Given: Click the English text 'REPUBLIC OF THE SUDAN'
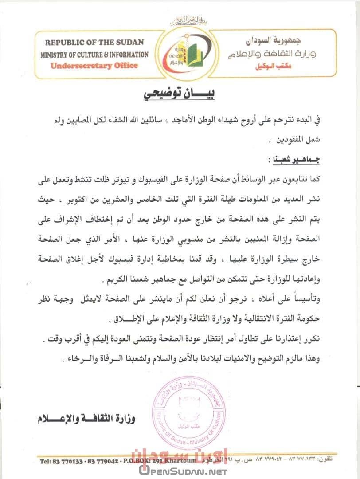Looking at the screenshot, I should pos(94,43).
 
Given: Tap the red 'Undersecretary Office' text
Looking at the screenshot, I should pos(94,66).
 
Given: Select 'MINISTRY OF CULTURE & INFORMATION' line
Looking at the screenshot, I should pos(94,55).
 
